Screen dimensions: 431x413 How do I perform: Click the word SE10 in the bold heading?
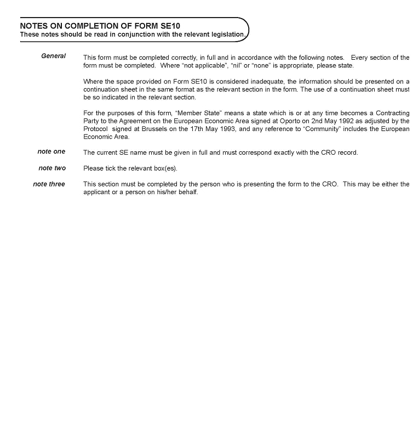point(170,26)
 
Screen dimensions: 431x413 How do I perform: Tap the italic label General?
point(53,56)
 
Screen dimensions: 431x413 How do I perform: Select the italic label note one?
point(51,151)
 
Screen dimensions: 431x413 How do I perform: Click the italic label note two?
point(52,168)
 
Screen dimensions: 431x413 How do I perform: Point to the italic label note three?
point(49,184)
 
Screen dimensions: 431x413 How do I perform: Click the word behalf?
point(186,192)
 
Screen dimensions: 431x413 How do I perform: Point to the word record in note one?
point(347,152)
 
